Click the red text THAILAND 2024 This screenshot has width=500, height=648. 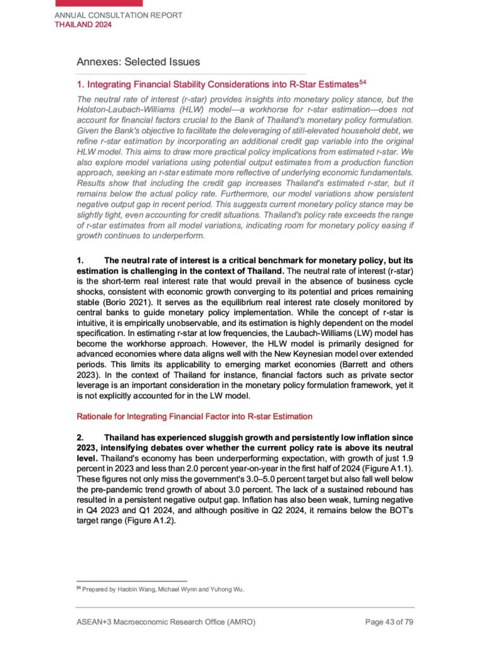tap(83, 25)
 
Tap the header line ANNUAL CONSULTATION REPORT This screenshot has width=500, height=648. tap(119, 15)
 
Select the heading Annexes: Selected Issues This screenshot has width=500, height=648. tap(138, 62)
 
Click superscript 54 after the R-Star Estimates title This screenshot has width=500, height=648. tap(363, 81)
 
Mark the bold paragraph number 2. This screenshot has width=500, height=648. tap(80, 437)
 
